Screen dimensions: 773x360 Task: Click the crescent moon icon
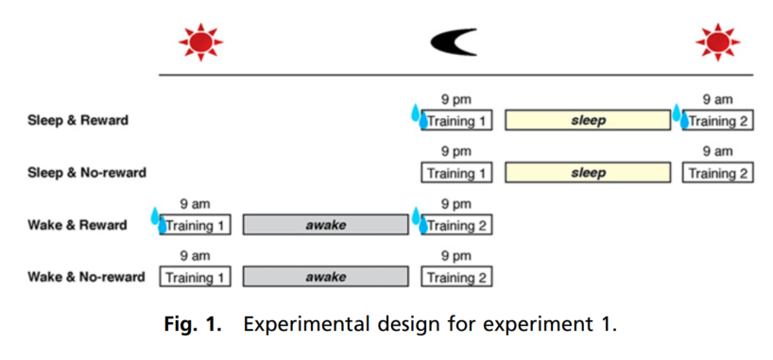tap(451, 42)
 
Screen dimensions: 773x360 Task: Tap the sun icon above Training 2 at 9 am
tap(718, 43)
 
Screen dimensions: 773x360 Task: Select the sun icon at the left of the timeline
tap(200, 43)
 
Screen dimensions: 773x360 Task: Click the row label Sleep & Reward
tap(77, 120)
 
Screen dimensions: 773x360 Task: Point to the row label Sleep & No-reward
tap(87, 173)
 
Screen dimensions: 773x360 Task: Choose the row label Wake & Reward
tap(77, 226)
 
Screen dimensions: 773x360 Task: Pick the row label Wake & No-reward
tap(86, 277)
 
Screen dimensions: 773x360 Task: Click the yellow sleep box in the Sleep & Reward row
tap(588, 120)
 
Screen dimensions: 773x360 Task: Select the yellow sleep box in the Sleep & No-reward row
tap(588, 173)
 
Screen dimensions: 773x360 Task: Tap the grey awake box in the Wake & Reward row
tap(325, 225)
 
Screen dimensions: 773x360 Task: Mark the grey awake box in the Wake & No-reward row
tap(325, 277)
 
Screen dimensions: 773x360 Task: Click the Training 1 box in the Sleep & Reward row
tap(456, 120)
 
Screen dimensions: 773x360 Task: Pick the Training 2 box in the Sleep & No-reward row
tap(718, 173)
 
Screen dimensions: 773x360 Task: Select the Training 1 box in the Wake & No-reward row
tap(195, 277)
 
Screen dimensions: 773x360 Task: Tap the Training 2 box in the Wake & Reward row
tap(456, 225)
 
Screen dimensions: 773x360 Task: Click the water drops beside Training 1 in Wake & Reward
tap(159, 220)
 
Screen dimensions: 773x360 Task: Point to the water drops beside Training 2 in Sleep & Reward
tap(680, 116)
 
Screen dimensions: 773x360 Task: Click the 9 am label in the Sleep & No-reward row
tap(718, 152)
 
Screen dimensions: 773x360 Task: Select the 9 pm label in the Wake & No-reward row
tap(456, 256)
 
